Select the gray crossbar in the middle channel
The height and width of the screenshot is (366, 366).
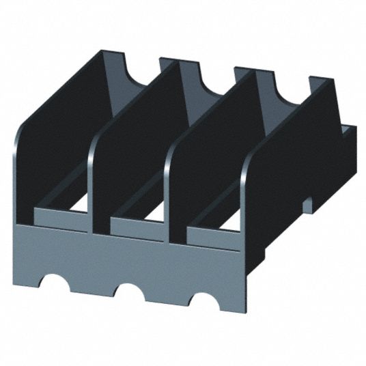tap(137, 229)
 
